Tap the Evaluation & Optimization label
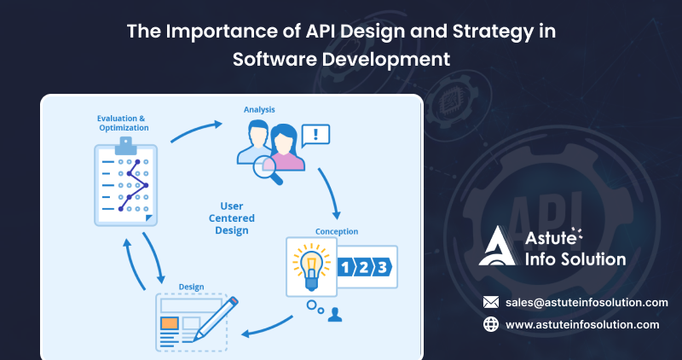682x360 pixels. [x=124, y=123]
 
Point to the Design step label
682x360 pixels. [x=191, y=287]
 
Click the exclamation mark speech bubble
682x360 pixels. [x=316, y=134]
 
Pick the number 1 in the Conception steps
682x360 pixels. [x=346, y=267]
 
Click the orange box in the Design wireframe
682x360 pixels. [x=169, y=324]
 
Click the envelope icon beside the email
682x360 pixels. [x=490, y=302]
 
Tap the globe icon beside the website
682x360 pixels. [x=490, y=324]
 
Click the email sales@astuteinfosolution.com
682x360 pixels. [x=587, y=302]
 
